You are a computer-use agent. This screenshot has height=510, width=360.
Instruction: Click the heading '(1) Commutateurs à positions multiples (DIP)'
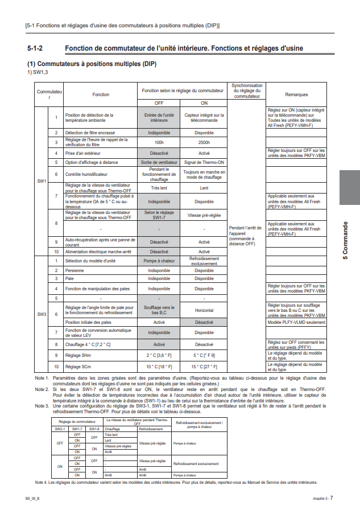click(x=92, y=64)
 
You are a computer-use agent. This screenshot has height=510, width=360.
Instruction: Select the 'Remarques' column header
click(x=296, y=94)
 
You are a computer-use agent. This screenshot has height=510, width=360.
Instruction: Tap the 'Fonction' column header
click(x=101, y=94)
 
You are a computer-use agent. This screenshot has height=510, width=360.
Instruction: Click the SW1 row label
click(x=42, y=180)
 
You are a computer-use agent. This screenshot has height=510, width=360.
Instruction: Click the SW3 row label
click(x=42, y=314)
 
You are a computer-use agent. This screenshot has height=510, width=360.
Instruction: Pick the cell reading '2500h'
click(x=204, y=143)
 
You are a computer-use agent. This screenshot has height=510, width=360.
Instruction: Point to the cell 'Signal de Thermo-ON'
click(x=204, y=162)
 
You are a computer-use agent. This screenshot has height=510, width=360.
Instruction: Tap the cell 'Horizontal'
click(x=204, y=310)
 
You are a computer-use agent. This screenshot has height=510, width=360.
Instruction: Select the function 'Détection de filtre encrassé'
click(x=90, y=133)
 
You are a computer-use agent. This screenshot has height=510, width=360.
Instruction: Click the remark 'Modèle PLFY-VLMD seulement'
click(x=296, y=322)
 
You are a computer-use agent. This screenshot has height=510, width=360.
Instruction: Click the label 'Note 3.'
click(x=42, y=406)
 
